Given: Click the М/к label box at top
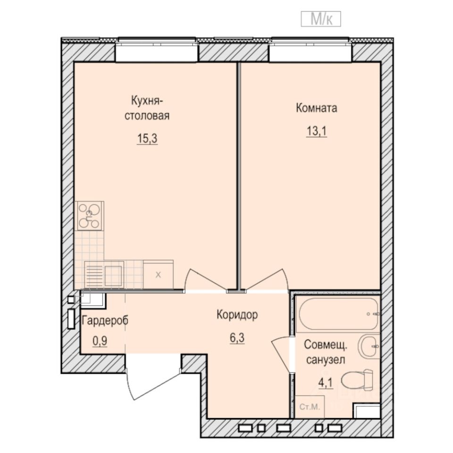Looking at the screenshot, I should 320,19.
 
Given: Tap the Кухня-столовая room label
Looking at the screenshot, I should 147,108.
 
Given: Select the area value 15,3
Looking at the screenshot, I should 147,139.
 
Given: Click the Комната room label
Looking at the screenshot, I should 316,108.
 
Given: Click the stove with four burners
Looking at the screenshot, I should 90,216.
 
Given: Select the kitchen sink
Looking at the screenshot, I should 104,274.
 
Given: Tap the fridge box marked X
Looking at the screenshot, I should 158,274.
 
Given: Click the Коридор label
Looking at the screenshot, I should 237,315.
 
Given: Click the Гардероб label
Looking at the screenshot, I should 105,320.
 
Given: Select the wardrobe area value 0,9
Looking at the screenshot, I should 100,341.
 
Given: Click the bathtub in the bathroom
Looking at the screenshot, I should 338,313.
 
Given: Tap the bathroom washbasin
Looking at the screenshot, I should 369,347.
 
